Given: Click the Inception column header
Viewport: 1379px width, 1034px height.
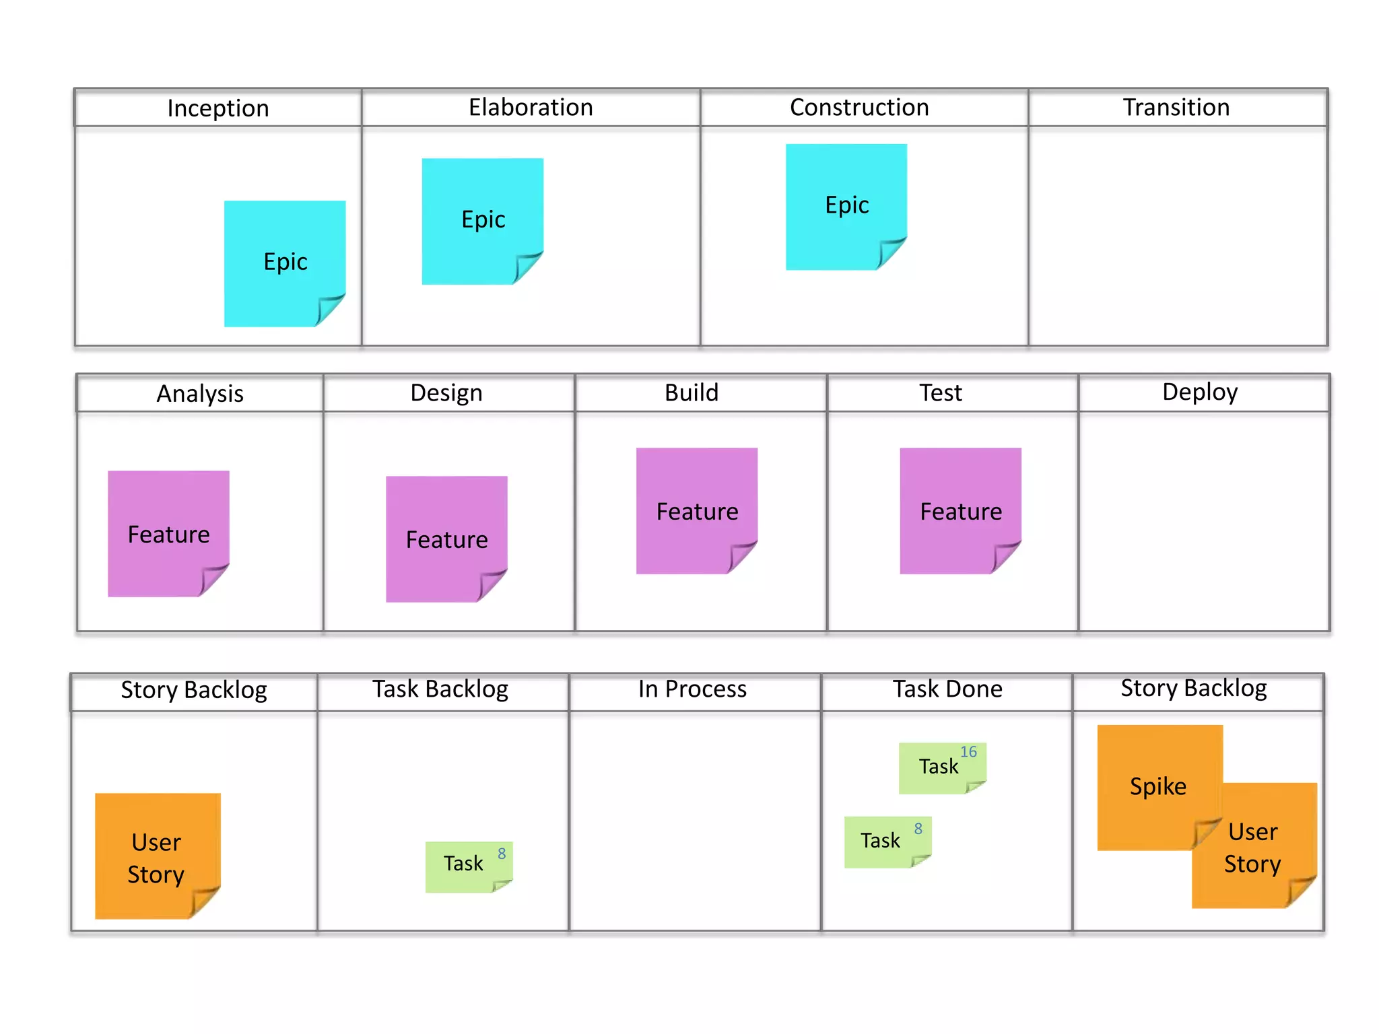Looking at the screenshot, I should (x=218, y=108).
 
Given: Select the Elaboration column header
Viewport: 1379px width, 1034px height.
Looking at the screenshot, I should (x=531, y=108).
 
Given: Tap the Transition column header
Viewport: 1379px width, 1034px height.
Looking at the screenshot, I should (x=1176, y=108).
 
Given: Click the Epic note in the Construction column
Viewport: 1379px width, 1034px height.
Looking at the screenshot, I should (x=846, y=206).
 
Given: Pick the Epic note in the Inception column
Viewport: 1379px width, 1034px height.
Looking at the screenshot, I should (x=284, y=263).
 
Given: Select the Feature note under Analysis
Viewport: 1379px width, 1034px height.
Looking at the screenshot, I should (x=168, y=533).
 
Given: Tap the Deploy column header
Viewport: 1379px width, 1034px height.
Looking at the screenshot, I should (x=1200, y=392).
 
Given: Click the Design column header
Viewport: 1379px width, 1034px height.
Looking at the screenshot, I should (x=446, y=393).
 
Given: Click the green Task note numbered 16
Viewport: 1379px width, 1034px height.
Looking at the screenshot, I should (x=941, y=767).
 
